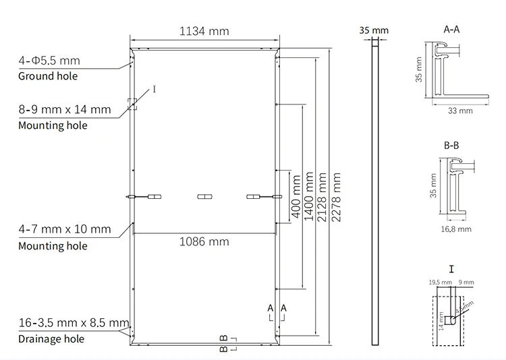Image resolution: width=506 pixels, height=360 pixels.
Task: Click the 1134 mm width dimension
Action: [204, 31]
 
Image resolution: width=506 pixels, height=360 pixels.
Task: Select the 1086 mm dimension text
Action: [204, 241]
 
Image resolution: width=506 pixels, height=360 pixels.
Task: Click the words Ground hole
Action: [47, 76]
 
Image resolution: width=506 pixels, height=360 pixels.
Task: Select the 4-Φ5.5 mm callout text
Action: [49, 61]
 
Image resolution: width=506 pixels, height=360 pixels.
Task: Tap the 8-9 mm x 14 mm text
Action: [64, 109]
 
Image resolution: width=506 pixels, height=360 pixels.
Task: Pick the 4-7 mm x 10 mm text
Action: [64, 230]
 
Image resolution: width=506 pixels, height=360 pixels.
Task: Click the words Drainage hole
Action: [51, 339]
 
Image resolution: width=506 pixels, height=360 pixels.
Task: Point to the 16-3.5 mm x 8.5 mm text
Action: [73, 324]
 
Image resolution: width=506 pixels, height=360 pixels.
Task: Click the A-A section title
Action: [452, 30]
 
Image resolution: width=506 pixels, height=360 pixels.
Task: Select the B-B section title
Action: [452, 145]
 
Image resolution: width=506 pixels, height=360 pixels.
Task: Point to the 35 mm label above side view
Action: [374, 30]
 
